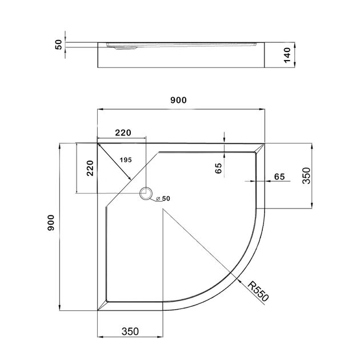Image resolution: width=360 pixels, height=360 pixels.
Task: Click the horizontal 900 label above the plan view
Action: tap(178, 100)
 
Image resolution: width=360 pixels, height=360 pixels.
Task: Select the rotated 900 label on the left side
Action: tap(51, 223)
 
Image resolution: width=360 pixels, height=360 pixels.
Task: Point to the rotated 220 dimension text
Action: tap(89, 169)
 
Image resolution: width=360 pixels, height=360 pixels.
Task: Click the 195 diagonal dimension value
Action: tap(125, 159)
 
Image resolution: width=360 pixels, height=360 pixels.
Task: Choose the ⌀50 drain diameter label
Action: tap(163, 199)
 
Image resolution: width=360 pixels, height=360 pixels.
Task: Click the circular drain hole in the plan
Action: tap(147, 194)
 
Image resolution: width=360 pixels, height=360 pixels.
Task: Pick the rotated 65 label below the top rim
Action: tap(218, 169)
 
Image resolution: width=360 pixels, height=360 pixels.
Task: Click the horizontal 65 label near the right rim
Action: tap(279, 177)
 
